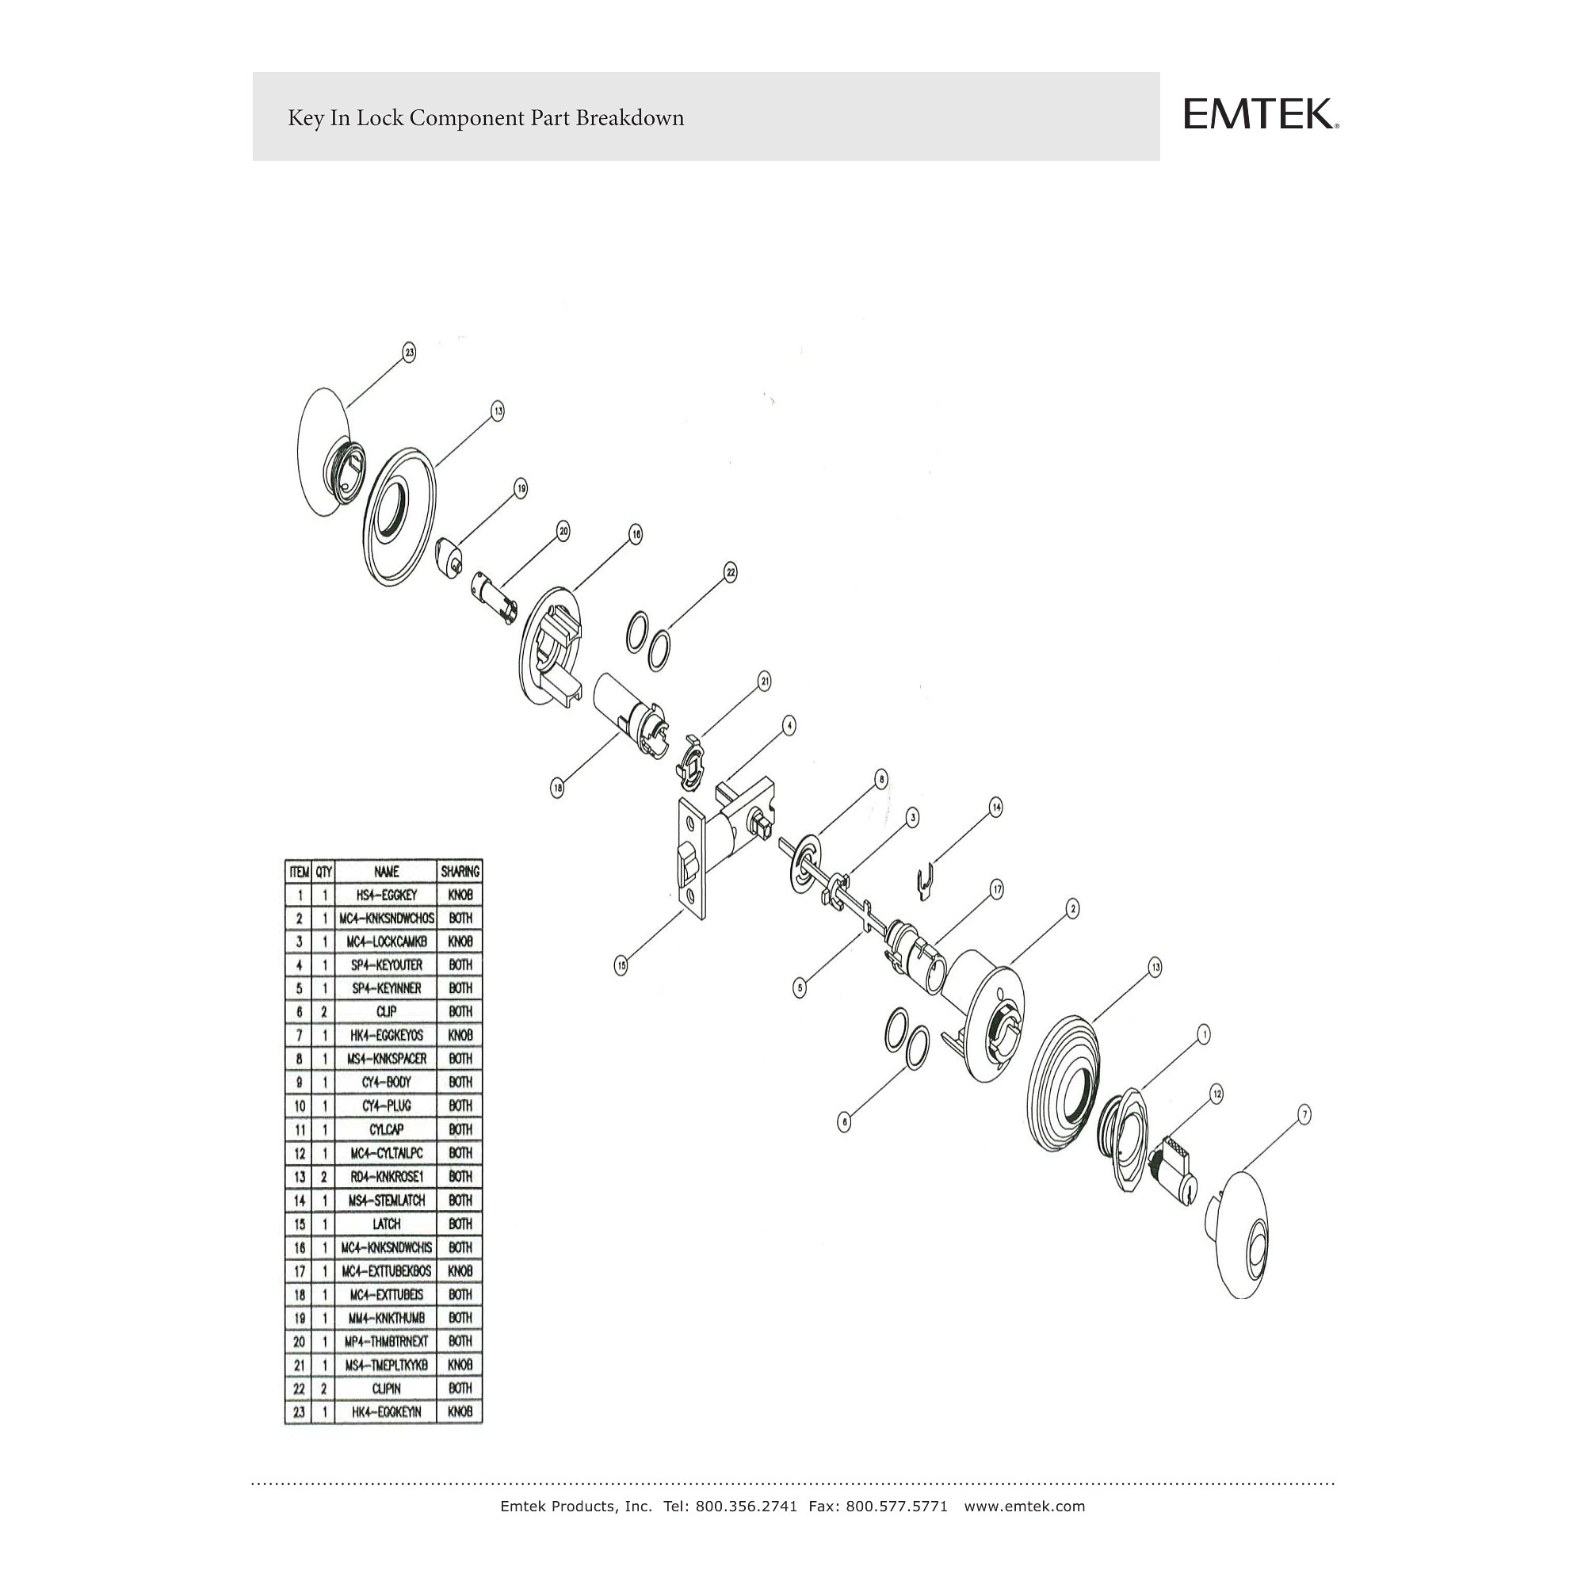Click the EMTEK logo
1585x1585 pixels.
pos(1261,115)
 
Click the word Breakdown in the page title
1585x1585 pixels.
pos(629,118)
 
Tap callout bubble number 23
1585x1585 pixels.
pos(409,353)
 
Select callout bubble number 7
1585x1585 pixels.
pos(1304,1114)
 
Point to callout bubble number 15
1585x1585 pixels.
pos(622,966)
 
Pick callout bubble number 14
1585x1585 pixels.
pos(996,808)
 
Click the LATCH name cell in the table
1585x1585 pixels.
pos(386,1224)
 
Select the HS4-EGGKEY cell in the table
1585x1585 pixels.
pos(386,895)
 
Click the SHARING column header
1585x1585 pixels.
pos(460,871)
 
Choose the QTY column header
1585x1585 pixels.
pos(324,871)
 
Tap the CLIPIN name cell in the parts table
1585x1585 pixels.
pos(386,1389)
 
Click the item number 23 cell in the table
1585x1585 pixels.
pos(300,1413)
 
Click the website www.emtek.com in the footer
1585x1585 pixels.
pos(1024,1507)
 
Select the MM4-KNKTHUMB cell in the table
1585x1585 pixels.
pos(386,1319)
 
